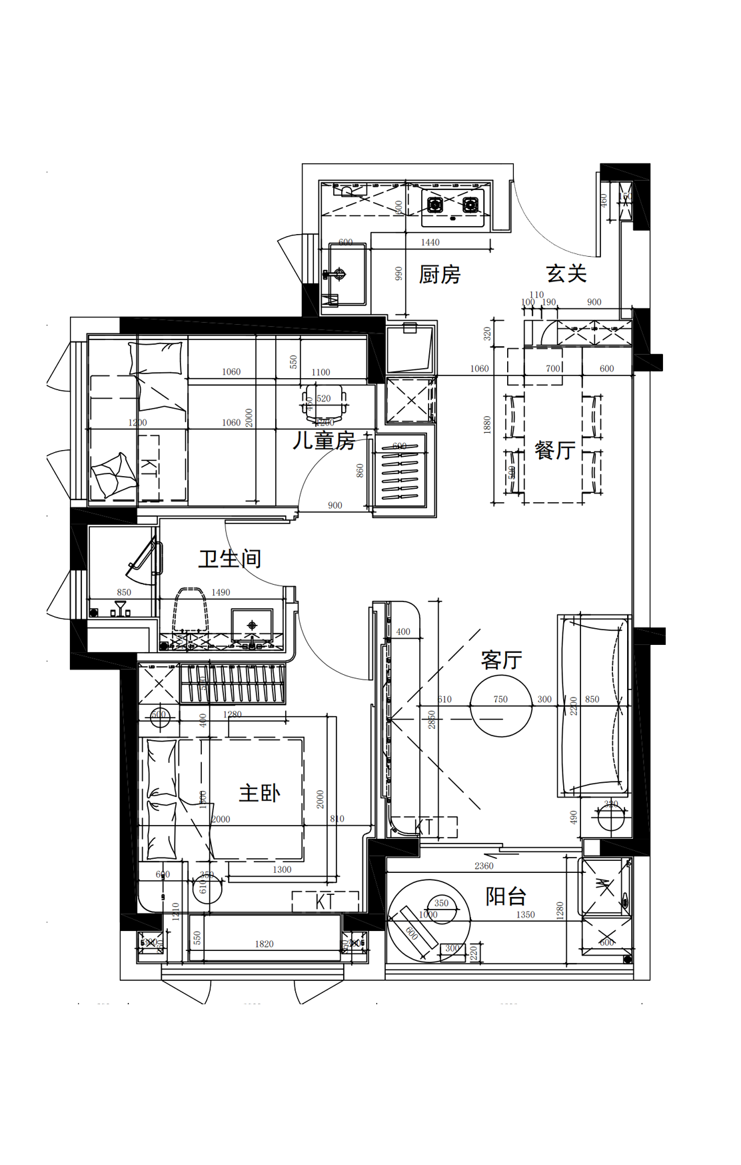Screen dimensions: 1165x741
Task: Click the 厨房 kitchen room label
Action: click(439, 275)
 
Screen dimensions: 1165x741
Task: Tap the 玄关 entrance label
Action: click(566, 273)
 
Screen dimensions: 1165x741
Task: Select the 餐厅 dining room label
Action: click(554, 450)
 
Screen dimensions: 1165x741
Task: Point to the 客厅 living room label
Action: click(501, 660)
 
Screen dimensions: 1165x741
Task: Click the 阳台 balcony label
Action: click(506, 896)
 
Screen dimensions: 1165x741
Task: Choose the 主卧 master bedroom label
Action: click(259, 793)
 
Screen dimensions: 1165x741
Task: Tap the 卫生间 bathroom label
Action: click(229, 559)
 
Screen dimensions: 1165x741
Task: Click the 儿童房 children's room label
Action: click(323, 441)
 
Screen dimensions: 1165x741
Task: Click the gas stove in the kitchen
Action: click(452, 205)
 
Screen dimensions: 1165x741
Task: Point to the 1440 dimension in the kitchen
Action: click(430, 243)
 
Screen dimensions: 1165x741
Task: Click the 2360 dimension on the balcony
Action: click(484, 866)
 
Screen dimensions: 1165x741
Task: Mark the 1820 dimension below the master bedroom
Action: click(264, 944)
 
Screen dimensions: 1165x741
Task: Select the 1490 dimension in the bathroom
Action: click(221, 592)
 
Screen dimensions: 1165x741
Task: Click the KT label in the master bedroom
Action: click(325, 902)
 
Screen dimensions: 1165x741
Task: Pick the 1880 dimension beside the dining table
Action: click(487, 425)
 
